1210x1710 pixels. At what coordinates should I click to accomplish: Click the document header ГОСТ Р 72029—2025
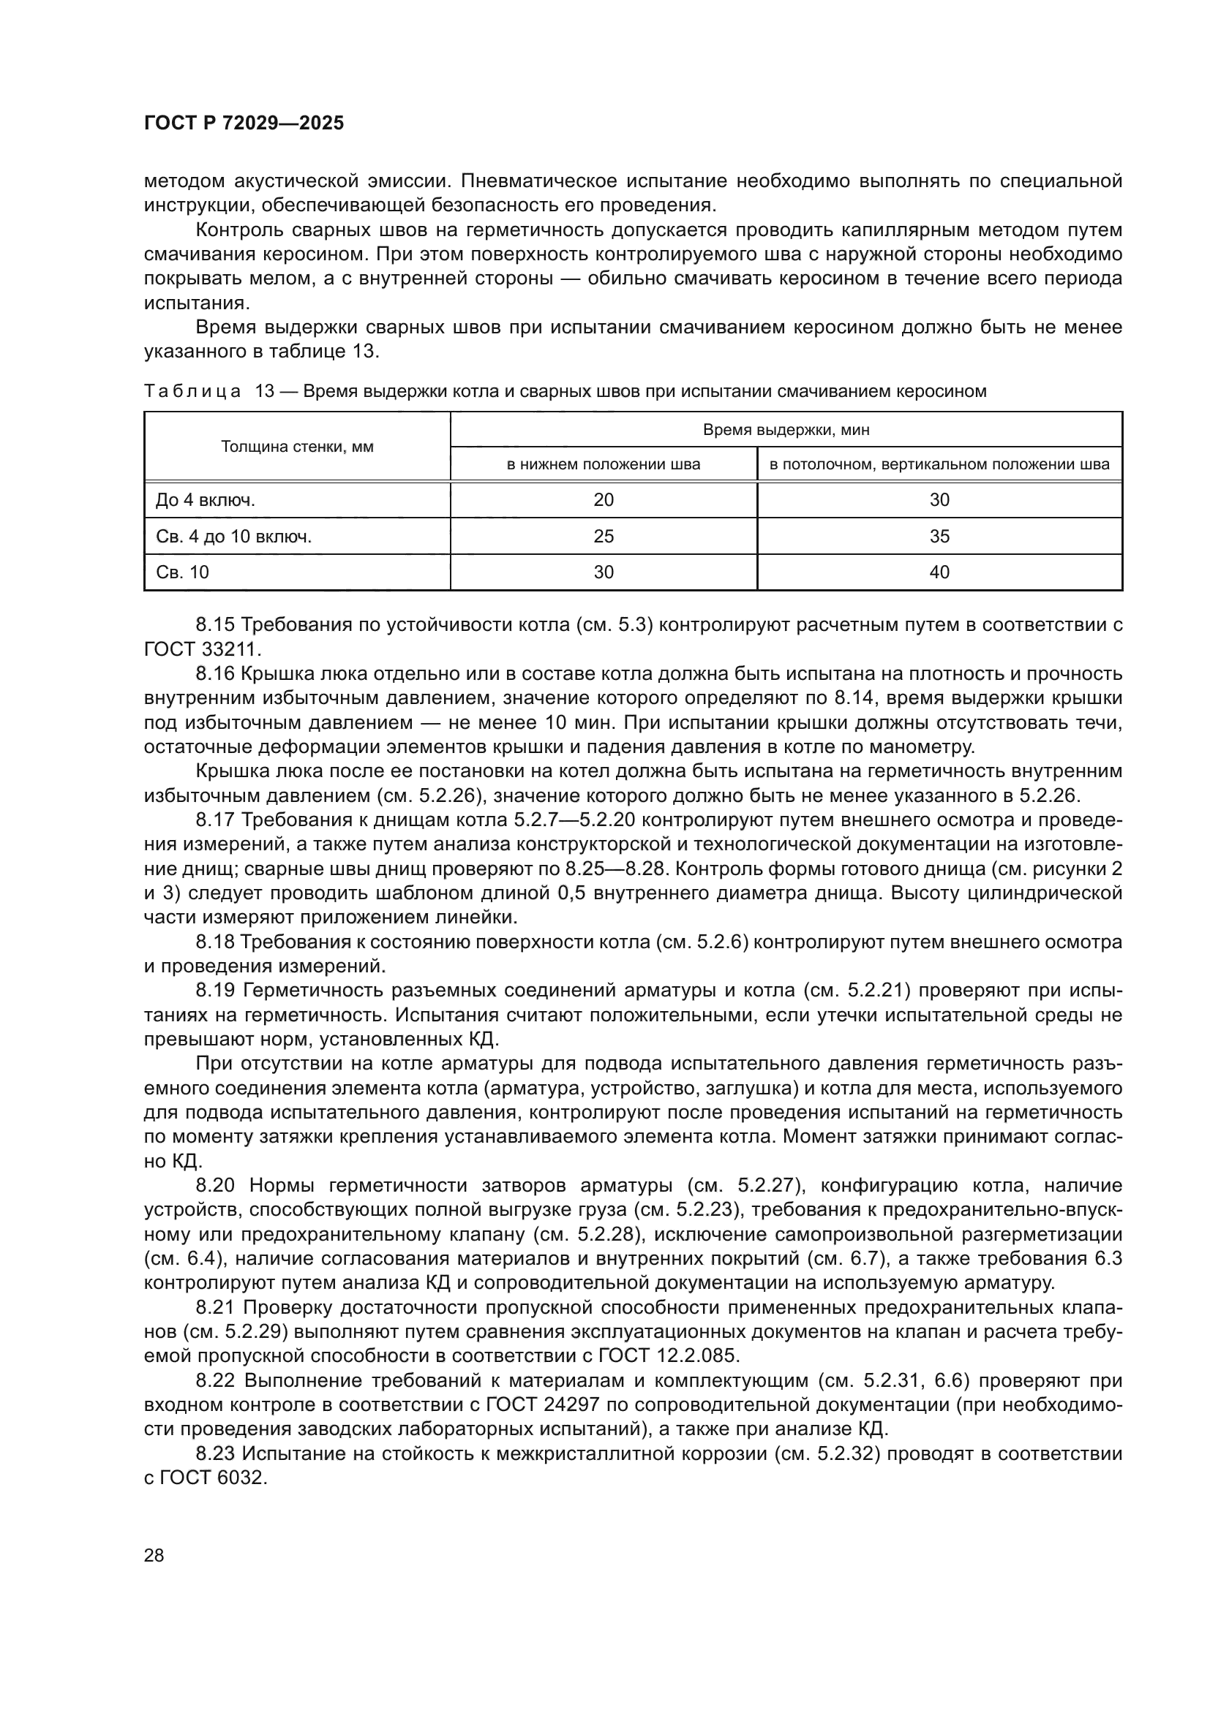click(x=244, y=124)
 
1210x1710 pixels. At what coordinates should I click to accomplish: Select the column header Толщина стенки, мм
click(x=297, y=447)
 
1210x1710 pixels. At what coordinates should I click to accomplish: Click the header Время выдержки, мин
click(x=786, y=430)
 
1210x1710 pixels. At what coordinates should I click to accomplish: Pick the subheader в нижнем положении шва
click(x=604, y=465)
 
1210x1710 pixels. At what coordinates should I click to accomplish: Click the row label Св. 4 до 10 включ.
click(x=233, y=536)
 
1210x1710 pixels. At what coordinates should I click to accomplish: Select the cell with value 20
click(x=604, y=500)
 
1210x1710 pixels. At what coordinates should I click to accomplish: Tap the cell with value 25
click(x=604, y=536)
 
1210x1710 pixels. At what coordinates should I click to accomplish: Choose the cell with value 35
click(x=939, y=536)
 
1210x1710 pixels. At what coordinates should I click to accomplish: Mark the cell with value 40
click(x=939, y=572)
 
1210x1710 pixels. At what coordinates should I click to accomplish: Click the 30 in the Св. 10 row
click(x=604, y=572)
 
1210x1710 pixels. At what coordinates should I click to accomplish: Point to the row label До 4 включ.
click(x=205, y=500)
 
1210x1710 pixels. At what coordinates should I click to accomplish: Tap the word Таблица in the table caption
click(x=192, y=392)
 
